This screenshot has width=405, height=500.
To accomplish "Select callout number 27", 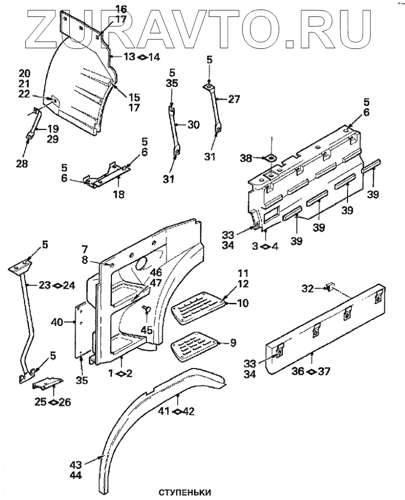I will point(234,100).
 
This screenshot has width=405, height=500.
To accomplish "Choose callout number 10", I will point(242,303).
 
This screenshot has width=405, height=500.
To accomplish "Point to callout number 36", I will point(297,371).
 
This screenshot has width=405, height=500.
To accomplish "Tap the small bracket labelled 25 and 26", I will point(47,382).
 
